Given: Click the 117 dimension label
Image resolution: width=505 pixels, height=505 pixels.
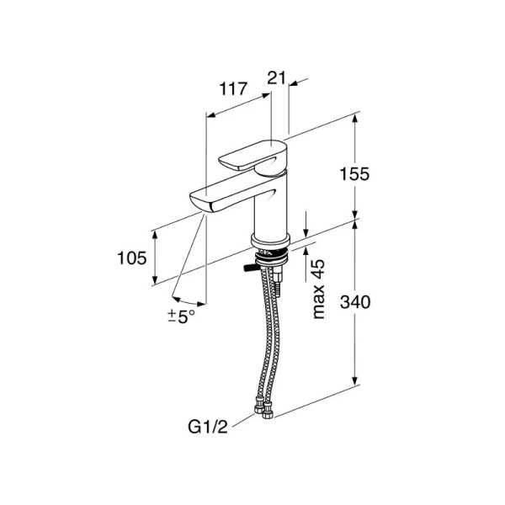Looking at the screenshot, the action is point(233,89).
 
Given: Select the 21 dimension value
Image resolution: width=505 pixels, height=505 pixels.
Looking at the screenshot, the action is point(277,77).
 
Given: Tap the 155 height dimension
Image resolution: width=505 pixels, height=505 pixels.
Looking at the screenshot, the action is point(354,174).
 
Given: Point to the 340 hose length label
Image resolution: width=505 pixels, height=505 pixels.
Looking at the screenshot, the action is point(355,302).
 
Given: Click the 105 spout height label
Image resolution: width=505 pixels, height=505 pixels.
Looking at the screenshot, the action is point(132,258).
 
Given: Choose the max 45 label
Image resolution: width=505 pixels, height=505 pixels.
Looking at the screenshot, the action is point(319,289).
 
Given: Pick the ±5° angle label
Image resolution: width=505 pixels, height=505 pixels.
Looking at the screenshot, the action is point(181,316).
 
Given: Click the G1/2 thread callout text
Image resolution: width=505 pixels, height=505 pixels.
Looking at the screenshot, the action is point(208,427).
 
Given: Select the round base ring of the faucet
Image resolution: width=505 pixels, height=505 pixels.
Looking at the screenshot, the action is point(270,242).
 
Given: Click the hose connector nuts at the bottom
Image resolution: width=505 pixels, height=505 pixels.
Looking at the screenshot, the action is point(263,408).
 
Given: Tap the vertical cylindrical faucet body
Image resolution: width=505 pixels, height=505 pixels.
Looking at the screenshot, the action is point(270,206).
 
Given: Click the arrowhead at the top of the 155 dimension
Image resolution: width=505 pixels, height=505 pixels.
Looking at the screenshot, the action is point(355,119).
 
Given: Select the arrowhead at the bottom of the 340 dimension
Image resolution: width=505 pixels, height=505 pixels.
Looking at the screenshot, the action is point(355,380).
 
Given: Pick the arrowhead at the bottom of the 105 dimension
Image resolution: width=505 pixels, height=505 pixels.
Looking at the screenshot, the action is point(155,280).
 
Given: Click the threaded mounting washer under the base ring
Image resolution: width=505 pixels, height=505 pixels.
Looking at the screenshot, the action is point(270,257).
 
